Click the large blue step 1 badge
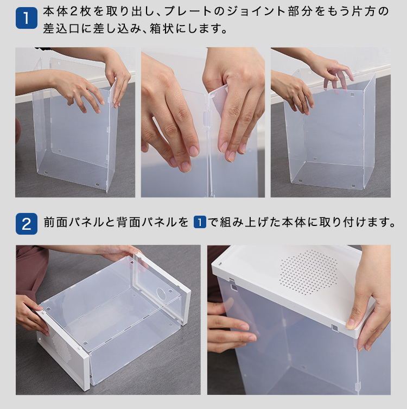click(26, 18)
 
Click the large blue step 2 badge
click(26, 224)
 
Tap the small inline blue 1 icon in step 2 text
click(200, 222)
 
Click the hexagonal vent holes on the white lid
click(309, 272)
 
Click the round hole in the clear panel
click(161, 293)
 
